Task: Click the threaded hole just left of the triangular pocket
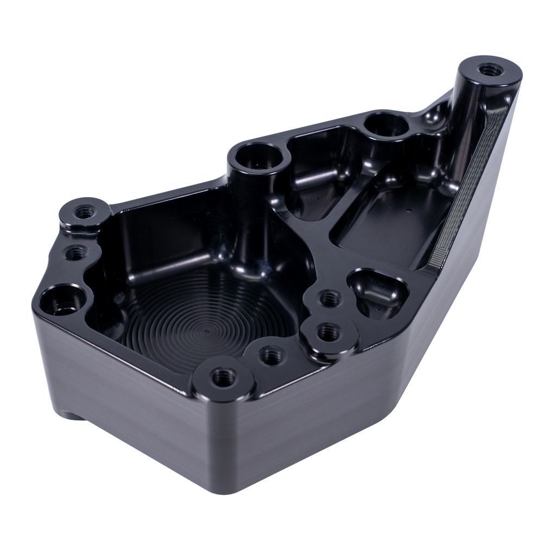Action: (329, 298)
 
